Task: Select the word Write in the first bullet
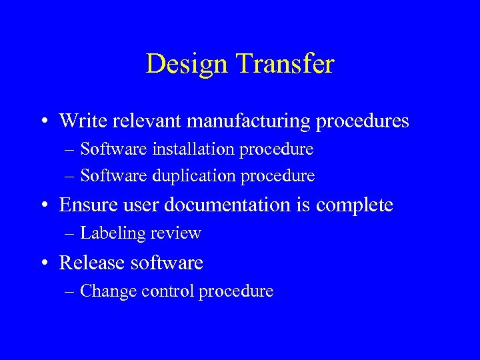[80, 121]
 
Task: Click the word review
[175, 233]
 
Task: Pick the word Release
[93, 263]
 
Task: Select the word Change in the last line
[105, 291]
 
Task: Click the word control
[163, 291]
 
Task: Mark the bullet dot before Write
[43, 122]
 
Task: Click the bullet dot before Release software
[43, 263]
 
